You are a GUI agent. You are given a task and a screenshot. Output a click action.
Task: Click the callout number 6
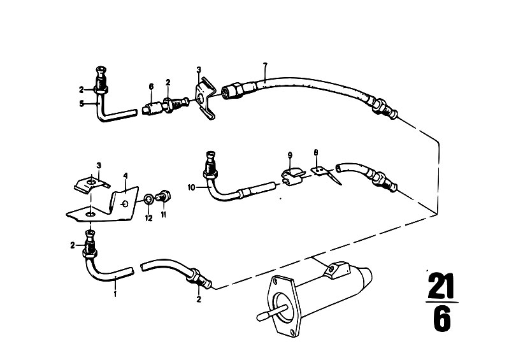point(151,87)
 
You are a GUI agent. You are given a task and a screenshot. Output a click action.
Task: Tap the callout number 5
point(82,104)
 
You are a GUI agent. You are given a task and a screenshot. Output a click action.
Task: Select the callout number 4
point(125,176)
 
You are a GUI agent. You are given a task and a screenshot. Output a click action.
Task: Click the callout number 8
point(316,152)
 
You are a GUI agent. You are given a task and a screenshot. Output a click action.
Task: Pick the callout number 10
point(192,187)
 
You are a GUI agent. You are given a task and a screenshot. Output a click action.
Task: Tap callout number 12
point(148,218)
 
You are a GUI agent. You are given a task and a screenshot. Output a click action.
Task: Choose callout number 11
point(163,215)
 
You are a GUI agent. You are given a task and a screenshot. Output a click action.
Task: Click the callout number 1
point(115,294)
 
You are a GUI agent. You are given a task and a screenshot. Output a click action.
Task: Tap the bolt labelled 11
point(162,196)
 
